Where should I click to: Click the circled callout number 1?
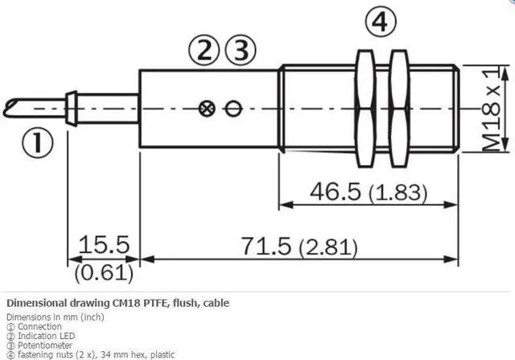[x=37, y=143]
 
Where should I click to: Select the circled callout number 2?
[x=204, y=50]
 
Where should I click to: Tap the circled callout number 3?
[x=240, y=50]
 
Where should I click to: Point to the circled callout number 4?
[x=381, y=22]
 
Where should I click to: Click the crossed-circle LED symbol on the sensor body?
[x=207, y=109]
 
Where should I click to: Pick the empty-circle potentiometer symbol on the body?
[x=233, y=109]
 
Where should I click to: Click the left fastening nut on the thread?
[x=365, y=109]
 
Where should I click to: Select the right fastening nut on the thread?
[x=399, y=109]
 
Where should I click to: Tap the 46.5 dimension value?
[x=335, y=192]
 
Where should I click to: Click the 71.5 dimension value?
[x=266, y=246]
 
